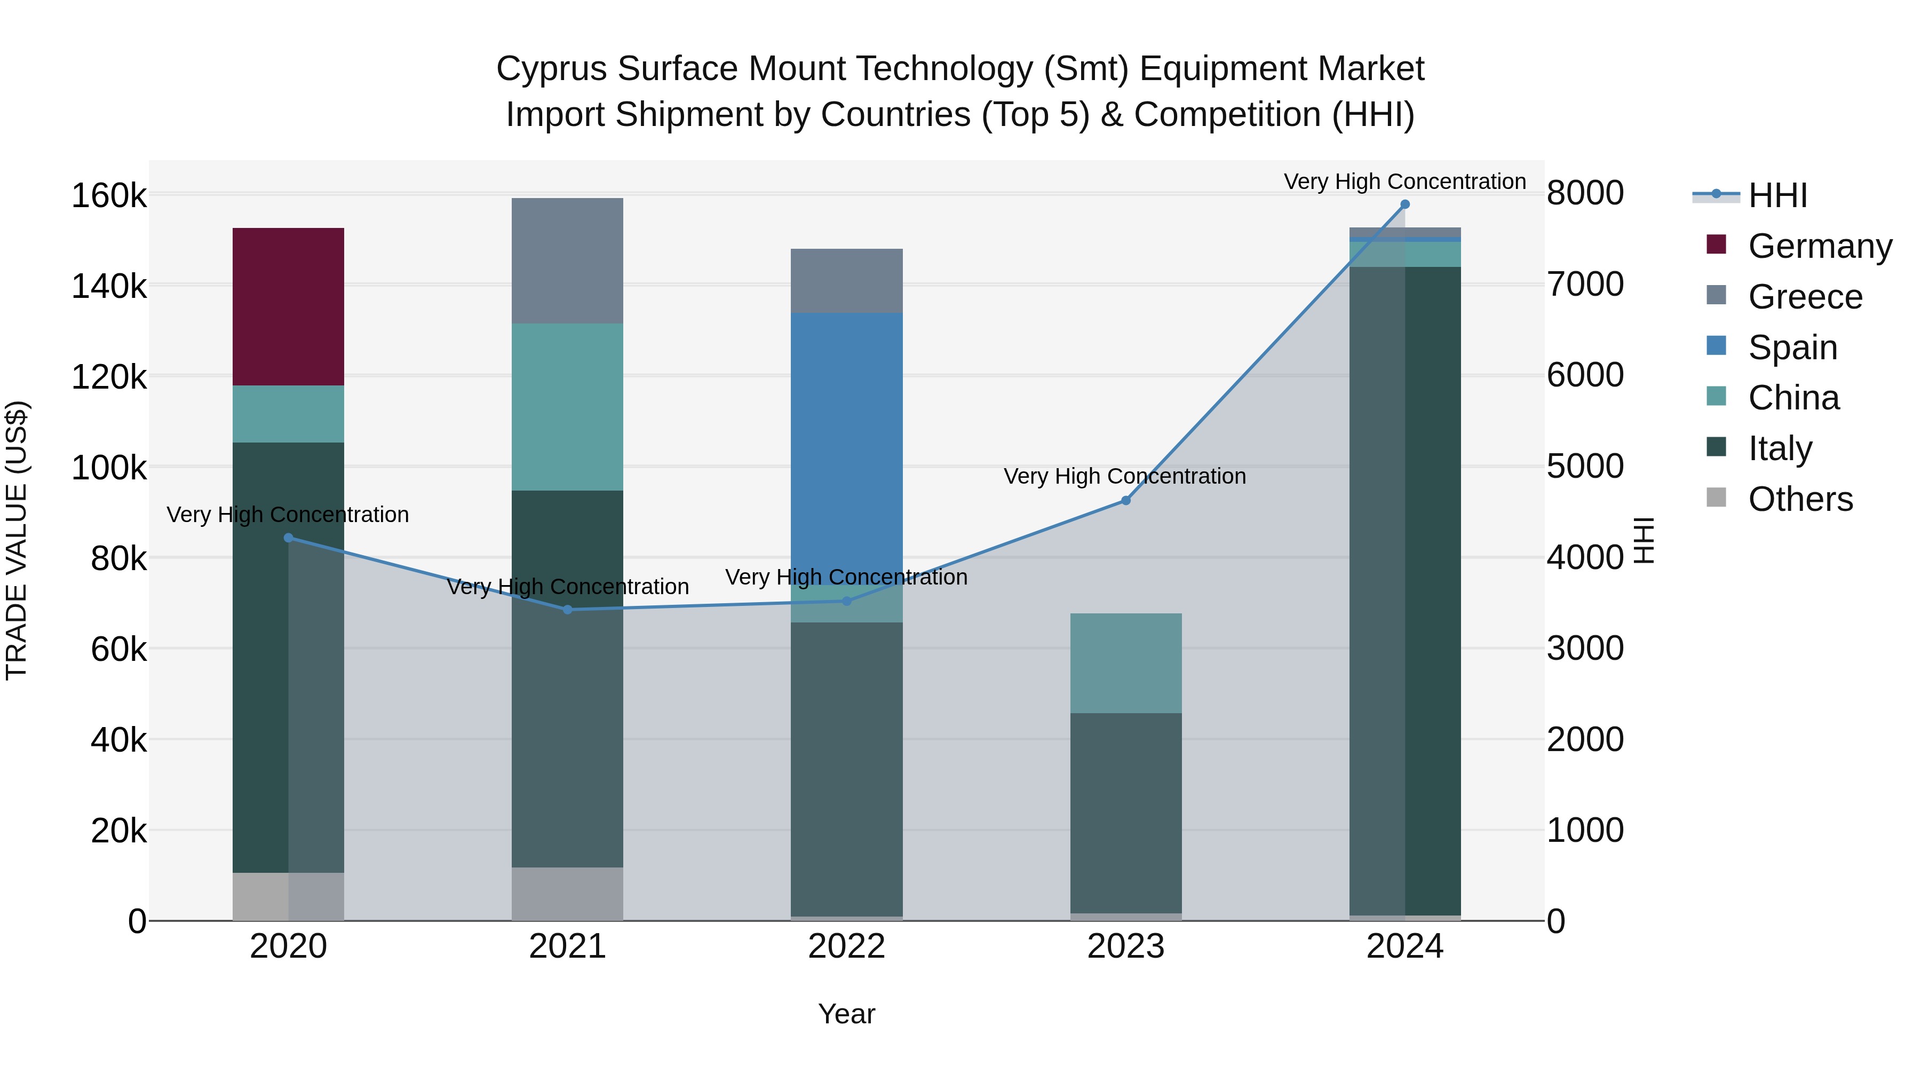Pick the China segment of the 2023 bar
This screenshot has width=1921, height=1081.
click(1125, 662)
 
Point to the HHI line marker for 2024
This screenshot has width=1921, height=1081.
click(1405, 204)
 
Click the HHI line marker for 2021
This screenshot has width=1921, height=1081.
click(568, 610)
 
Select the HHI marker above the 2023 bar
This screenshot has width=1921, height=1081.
click(1126, 501)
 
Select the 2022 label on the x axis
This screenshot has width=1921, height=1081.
click(846, 946)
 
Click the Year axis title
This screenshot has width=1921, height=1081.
click(846, 1014)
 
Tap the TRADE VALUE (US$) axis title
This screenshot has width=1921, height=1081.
click(17, 540)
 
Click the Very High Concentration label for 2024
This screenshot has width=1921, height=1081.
click(1404, 182)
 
